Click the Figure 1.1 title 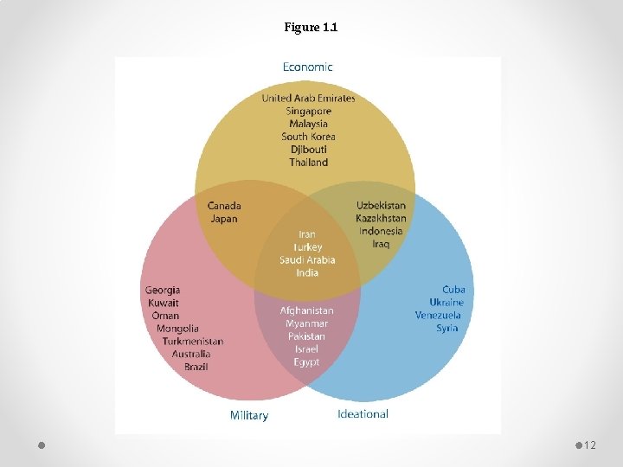[311, 28]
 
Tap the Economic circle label [307, 67]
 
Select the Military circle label [249, 415]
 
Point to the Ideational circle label [363, 414]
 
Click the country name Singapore [309, 111]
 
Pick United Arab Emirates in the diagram [309, 98]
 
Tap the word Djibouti [309, 150]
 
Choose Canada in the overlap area [224, 206]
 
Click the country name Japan [224, 219]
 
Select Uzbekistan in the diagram [381, 206]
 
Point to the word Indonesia [381, 231]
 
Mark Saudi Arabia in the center [307, 259]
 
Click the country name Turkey [307, 246]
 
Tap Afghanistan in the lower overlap [306, 310]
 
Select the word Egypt [306, 361]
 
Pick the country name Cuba [453, 290]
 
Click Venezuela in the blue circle [438, 315]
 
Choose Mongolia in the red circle [177, 328]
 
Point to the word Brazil [196, 367]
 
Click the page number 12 [590, 445]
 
